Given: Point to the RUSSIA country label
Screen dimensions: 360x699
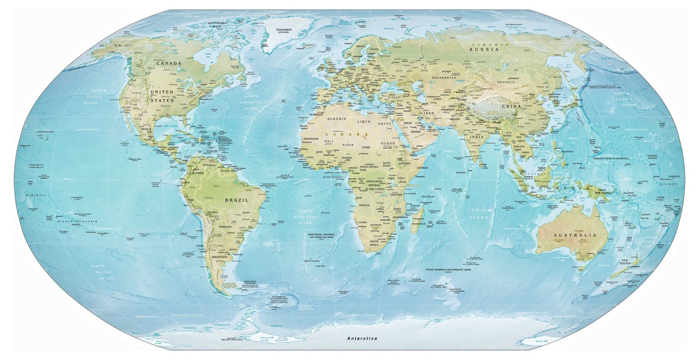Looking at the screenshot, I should (484, 49).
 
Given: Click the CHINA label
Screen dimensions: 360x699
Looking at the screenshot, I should (511, 106).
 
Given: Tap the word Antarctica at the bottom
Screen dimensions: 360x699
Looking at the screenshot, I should (362, 339).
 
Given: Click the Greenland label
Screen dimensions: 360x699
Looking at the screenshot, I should (284, 30).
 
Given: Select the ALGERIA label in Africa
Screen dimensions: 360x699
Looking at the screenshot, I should (336, 118).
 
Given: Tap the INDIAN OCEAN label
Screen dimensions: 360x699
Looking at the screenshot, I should (480, 214).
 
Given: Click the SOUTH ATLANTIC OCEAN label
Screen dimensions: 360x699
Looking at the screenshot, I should (305, 218).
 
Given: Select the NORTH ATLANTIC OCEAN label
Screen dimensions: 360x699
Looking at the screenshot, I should (251, 103).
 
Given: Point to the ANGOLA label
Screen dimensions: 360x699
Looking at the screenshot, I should (365, 205).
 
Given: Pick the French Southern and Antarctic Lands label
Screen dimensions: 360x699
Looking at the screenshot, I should (448, 270).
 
